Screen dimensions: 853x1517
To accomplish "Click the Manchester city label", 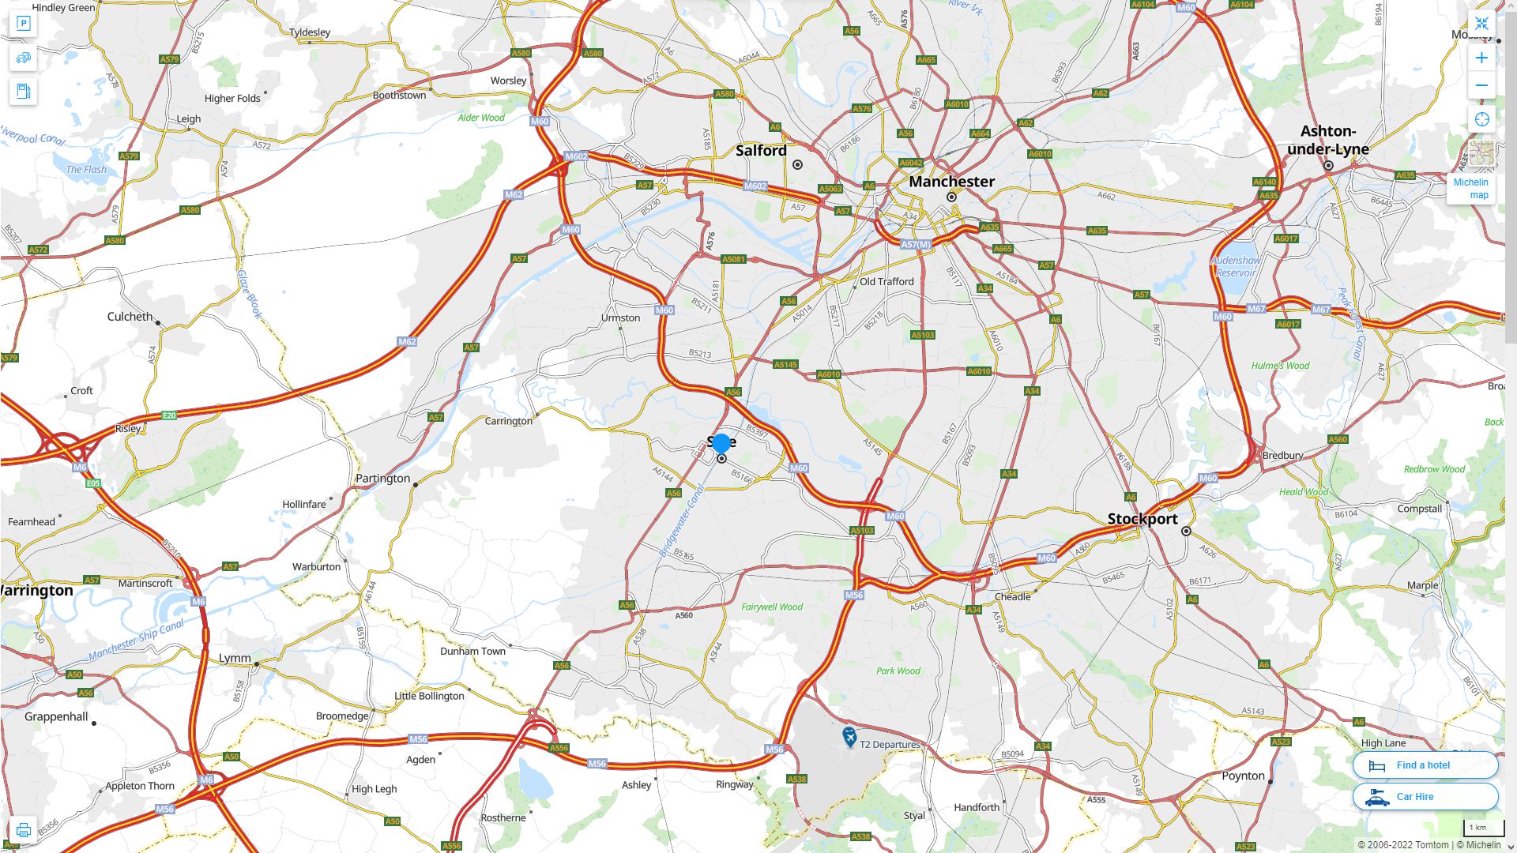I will (x=951, y=182).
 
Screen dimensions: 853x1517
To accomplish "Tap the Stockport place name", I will (x=1142, y=519).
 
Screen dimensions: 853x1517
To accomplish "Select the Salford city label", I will (x=761, y=151).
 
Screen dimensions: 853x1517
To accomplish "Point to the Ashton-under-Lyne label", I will (x=1327, y=140).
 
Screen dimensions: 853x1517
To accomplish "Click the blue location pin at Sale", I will (x=721, y=444).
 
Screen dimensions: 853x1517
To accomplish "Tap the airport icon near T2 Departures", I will (x=849, y=737).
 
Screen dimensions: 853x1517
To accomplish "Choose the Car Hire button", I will (x=1425, y=797).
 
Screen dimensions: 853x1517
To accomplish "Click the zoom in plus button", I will (x=1481, y=58).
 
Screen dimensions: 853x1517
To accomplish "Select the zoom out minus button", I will (x=1481, y=85).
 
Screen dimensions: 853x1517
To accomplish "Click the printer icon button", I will (x=23, y=830).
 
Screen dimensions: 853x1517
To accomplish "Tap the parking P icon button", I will (x=23, y=24).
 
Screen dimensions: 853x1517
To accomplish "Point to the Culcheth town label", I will (x=130, y=317).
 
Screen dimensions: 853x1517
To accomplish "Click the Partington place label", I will (x=382, y=479).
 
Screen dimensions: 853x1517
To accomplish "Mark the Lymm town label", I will (x=235, y=659).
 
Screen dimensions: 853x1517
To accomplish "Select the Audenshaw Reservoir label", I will (x=1236, y=266).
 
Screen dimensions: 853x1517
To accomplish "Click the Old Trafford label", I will (x=886, y=282).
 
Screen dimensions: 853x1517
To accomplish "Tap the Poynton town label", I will (x=1243, y=776).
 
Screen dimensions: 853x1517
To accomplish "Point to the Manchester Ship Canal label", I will (x=136, y=640).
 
